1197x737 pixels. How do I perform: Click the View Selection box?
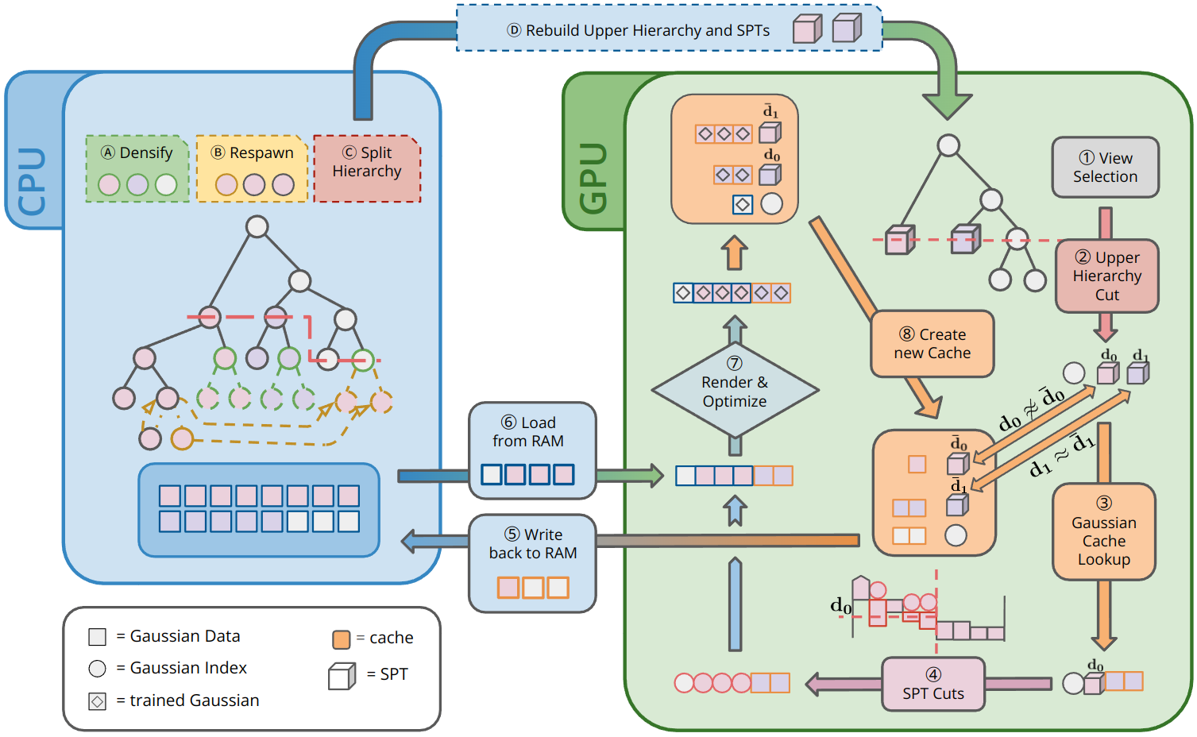[x=1105, y=168]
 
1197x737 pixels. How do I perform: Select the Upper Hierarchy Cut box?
[x=1106, y=276]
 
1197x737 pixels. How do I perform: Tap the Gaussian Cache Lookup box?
[x=1103, y=532]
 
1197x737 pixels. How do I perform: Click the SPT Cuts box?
[x=933, y=684]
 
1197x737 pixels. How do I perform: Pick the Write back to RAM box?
[x=532, y=563]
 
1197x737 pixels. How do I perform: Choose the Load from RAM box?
[x=532, y=450]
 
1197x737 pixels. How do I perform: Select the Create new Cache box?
[x=933, y=344]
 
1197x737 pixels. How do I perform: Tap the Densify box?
[x=137, y=168]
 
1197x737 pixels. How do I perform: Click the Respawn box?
[x=252, y=168]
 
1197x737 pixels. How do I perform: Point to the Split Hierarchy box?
[x=367, y=168]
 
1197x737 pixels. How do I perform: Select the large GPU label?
[x=593, y=179]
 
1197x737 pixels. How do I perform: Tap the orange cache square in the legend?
[x=341, y=639]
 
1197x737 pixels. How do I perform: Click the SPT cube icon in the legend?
[x=342, y=676]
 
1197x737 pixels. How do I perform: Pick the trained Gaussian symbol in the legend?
[x=98, y=701]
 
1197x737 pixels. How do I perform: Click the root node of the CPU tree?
[x=257, y=226]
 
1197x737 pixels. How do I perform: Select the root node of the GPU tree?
[x=948, y=145]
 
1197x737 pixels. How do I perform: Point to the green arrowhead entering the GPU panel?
[x=947, y=106]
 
